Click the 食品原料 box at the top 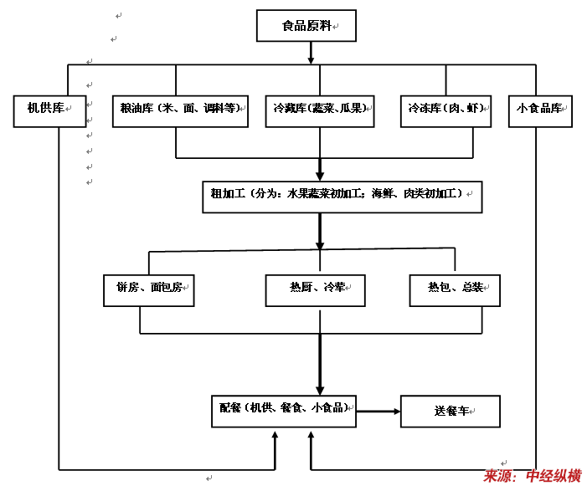[306, 26]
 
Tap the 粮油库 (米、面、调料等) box [179, 110]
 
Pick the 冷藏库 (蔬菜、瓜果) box [319, 110]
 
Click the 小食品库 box [540, 110]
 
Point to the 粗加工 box [342, 195]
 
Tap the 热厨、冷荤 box [317, 289]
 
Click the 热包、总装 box [456, 289]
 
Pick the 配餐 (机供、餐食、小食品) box [283, 408]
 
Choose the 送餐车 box [451, 412]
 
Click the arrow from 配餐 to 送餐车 [378, 411]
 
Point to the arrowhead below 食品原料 [311, 59]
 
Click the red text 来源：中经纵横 [532, 476]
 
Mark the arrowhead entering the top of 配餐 [319, 389]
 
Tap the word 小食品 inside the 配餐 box [327, 408]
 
